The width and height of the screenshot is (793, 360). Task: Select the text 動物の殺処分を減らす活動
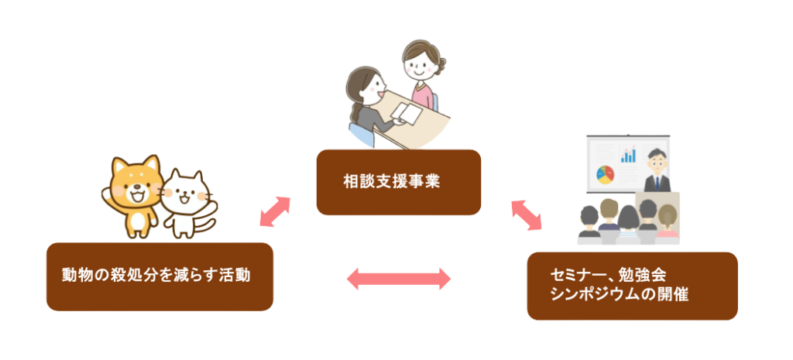pos(156,275)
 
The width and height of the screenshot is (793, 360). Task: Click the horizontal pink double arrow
pos(398,279)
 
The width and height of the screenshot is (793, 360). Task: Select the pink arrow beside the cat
pos(274,212)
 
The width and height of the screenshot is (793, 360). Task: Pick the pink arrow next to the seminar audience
pos(527,214)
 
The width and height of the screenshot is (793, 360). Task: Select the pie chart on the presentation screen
pos(605,172)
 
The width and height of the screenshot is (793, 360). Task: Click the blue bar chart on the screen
pos(629,155)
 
